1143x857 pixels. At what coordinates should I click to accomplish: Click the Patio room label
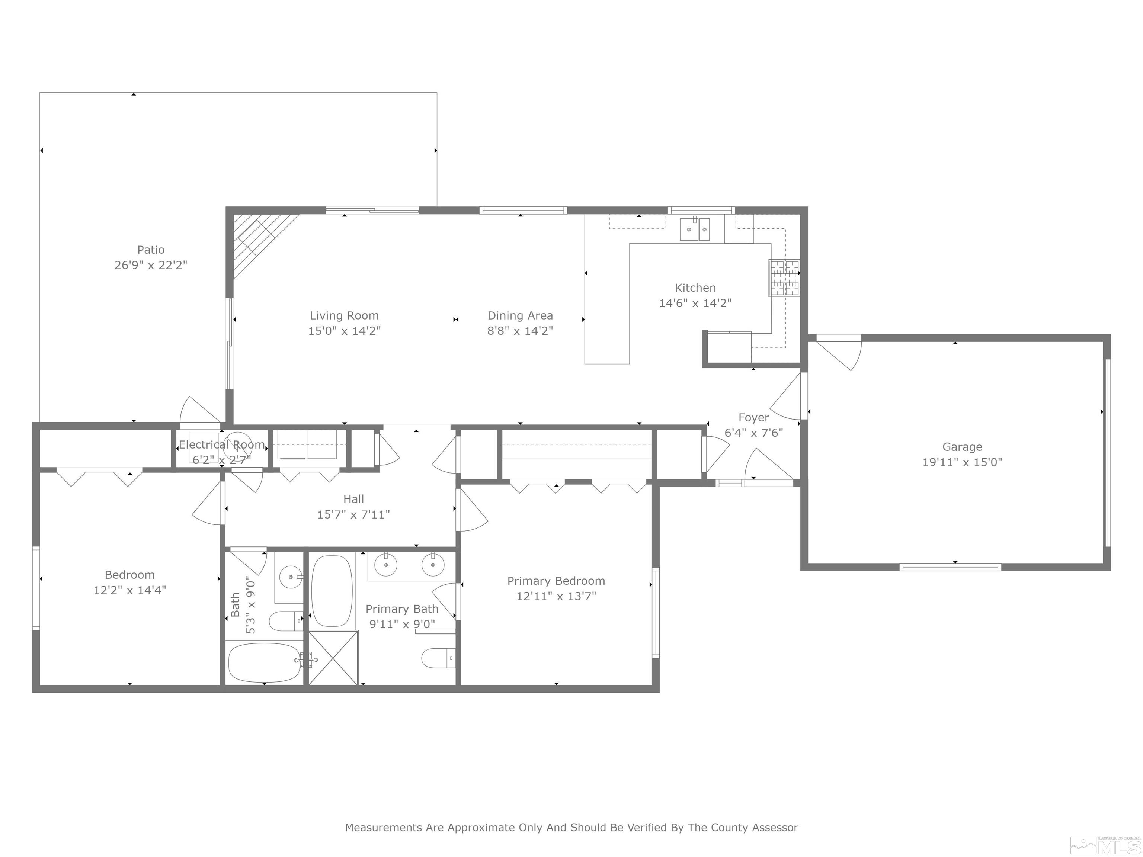pyautogui.click(x=151, y=250)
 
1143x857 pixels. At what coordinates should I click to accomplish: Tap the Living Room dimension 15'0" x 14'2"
pyautogui.click(x=344, y=331)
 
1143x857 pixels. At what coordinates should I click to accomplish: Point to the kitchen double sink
pyautogui.click(x=695, y=230)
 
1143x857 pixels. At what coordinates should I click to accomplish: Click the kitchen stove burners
pyautogui.click(x=784, y=278)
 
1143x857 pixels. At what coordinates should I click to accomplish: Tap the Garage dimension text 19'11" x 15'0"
pyautogui.click(x=962, y=462)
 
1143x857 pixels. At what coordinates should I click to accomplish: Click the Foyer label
pyautogui.click(x=753, y=417)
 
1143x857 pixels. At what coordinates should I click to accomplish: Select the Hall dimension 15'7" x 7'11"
pyautogui.click(x=353, y=514)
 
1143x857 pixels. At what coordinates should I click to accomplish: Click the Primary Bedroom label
pyautogui.click(x=556, y=581)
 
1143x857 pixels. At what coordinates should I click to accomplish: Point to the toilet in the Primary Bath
pyautogui.click(x=438, y=658)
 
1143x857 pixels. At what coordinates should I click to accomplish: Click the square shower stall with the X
pyautogui.click(x=333, y=658)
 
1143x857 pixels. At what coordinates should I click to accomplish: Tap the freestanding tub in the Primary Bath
pyautogui.click(x=332, y=591)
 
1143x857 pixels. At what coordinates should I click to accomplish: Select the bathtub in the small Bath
pyautogui.click(x=264, y=663)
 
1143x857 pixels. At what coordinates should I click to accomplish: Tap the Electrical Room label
pyautogui.click(x=222, y=445)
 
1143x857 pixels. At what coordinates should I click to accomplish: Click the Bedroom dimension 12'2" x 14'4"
pyautogui.click(x=130, y=590)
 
